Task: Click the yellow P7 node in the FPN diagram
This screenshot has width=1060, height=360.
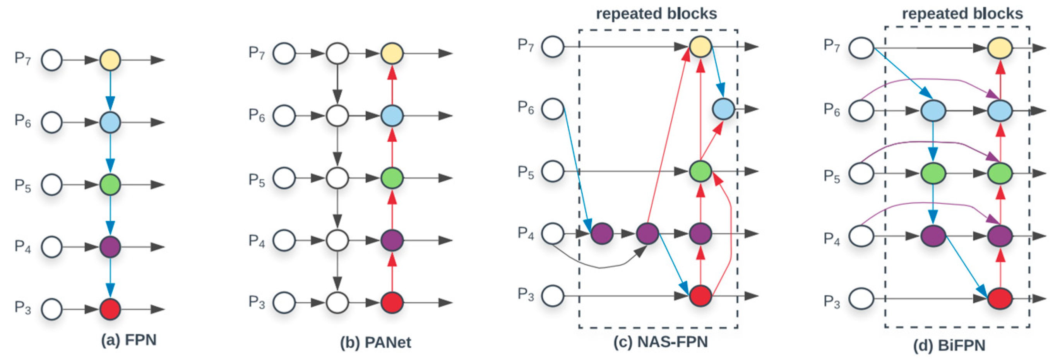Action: (110, 60)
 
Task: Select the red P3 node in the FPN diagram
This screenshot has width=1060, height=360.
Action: (110, 309)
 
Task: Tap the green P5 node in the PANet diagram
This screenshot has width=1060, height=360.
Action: (392, 178)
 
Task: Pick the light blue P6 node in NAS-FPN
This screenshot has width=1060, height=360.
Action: (723, 109)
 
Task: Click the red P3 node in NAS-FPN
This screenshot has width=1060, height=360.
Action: (700, 295)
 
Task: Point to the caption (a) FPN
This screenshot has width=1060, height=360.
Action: (129, 340)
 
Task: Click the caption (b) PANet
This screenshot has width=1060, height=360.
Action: (375, 342)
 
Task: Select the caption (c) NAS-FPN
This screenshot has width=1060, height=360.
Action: (661, 342)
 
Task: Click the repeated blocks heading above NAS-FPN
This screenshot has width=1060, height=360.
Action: (656, 14)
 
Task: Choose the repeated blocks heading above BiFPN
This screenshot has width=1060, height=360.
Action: (962, 14)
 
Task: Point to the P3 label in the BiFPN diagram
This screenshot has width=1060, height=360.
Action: (832, 302)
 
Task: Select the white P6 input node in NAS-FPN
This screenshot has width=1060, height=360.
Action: (552, 109)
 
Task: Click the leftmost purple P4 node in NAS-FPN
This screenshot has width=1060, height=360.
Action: (602, 234)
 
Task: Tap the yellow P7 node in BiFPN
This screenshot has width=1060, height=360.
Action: (1000, 48)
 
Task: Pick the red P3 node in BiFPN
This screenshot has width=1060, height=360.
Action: (1000, 298)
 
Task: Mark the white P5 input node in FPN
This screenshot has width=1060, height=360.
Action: (52, 185)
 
